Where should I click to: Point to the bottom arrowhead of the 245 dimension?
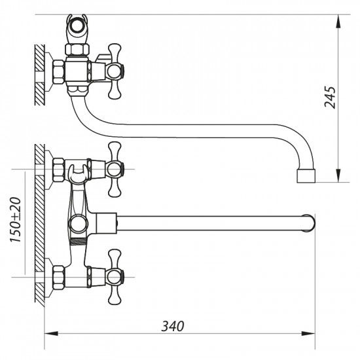pos(338,180)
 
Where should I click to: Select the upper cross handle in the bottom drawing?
pos(115,169)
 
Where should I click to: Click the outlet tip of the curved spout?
pos(305,176)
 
